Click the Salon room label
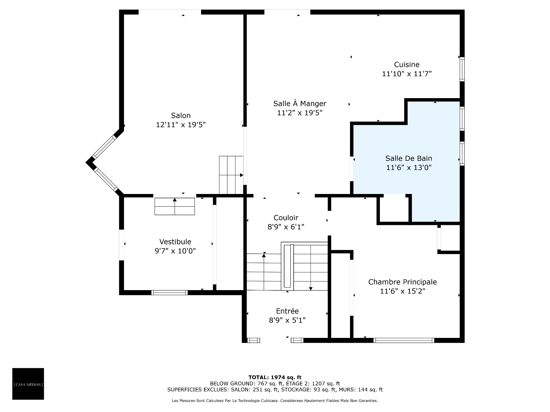181,116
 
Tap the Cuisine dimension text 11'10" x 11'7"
407,74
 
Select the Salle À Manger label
300,103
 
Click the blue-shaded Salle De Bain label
409,158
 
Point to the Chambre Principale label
402,282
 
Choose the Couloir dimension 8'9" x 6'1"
286,227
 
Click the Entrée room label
287,311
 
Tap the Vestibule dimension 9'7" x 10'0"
175,251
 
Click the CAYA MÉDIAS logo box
28,384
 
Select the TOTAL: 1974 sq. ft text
275,377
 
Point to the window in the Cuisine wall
462,69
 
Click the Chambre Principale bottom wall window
404,340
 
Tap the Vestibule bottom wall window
169,292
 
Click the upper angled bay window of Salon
105,146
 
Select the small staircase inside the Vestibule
175,206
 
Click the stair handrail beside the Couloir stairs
288,266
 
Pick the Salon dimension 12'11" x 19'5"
181,125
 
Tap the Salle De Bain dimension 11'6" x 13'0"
409,167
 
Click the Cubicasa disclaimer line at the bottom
275,401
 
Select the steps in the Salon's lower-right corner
231,175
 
